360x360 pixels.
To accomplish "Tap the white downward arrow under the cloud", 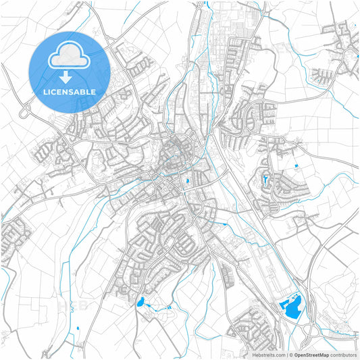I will pyautogui.click(x=70, y=76).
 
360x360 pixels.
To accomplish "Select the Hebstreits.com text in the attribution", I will pyautogui.click(x=268, y=354).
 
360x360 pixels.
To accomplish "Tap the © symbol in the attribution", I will pyautogui.click(x=290, y=354).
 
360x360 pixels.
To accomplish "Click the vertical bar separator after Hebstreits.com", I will pyautogui.click(x=286, y=354).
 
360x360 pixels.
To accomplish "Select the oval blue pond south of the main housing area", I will pyautogui.click(x=140, y=303).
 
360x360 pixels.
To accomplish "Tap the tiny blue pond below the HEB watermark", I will pyautogui.click(x=78, y=328).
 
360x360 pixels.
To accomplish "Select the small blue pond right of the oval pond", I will pyautogui.click(x=168, y=307).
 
